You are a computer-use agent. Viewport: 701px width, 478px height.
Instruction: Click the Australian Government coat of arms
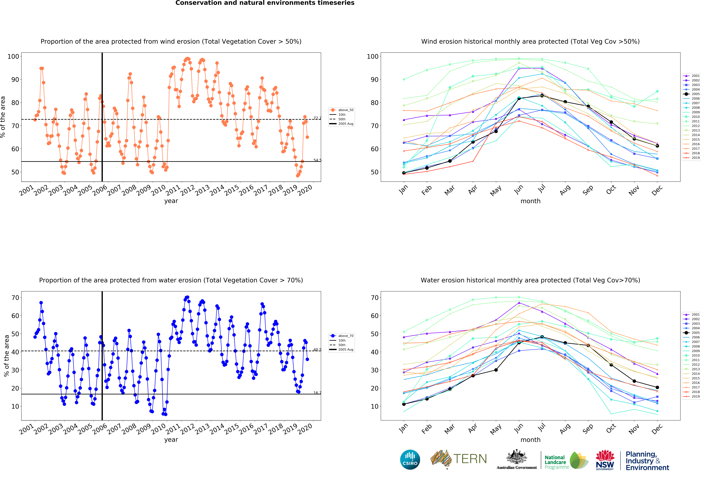coord(517,457)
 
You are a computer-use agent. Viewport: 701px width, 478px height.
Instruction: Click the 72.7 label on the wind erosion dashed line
coord(317,118)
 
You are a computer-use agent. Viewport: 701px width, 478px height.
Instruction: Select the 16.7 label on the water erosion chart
coord(317,393)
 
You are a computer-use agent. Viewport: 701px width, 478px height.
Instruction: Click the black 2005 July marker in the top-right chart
coord(542,96)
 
